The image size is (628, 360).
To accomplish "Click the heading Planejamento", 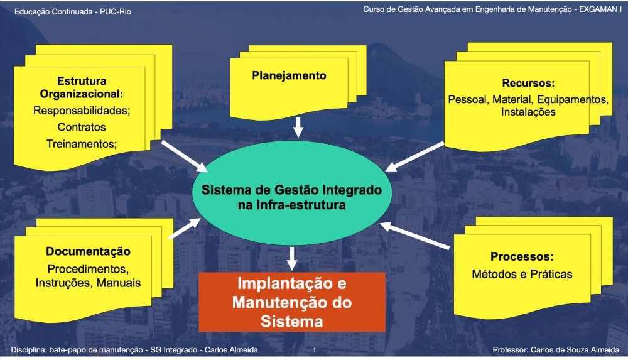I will point(289,76).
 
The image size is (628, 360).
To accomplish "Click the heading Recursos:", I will point(528,83).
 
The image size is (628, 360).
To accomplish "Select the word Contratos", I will point(82,127).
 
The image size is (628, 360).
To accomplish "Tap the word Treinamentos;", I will point(82,143).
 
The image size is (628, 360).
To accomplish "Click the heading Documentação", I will point(88,252).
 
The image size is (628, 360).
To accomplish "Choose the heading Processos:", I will point(522,257).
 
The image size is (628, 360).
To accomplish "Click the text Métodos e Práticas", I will point(522,274).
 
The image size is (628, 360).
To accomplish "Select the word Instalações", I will point(528,112).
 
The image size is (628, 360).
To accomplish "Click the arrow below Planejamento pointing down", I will point(298,128).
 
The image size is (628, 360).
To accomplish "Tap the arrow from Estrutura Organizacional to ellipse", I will point(185,156).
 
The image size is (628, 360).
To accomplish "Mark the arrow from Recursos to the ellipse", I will point(415,156).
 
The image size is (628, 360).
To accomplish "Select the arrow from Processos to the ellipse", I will point(417,233).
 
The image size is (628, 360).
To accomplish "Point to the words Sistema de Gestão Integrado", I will point(291,189).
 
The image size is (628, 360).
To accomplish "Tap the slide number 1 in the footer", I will point(313,349).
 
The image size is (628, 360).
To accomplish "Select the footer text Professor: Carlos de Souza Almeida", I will point(556,349).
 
